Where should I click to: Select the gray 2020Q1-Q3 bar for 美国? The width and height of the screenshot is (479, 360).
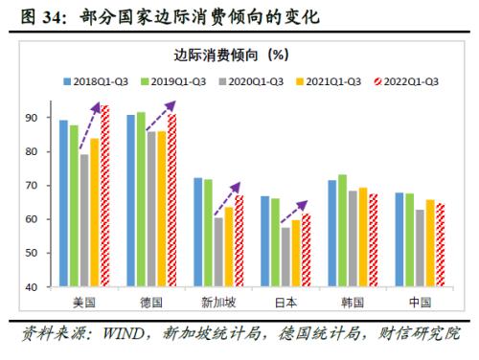(x=85, y=220)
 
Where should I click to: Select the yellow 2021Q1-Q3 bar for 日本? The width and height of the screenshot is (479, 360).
(x=297, y=254)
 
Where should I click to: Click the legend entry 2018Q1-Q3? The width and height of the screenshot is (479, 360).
(x=100, y=81)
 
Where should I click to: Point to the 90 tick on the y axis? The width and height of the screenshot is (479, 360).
(x=45, y=118)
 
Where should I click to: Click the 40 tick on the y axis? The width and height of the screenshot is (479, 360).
(x=45, y=287)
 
